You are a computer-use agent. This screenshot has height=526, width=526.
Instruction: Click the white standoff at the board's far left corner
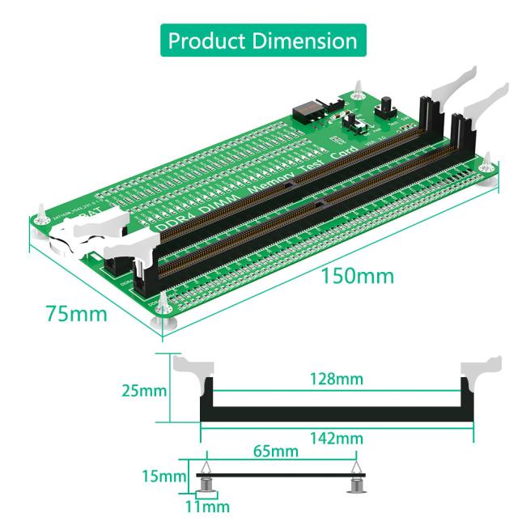(40, 223)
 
